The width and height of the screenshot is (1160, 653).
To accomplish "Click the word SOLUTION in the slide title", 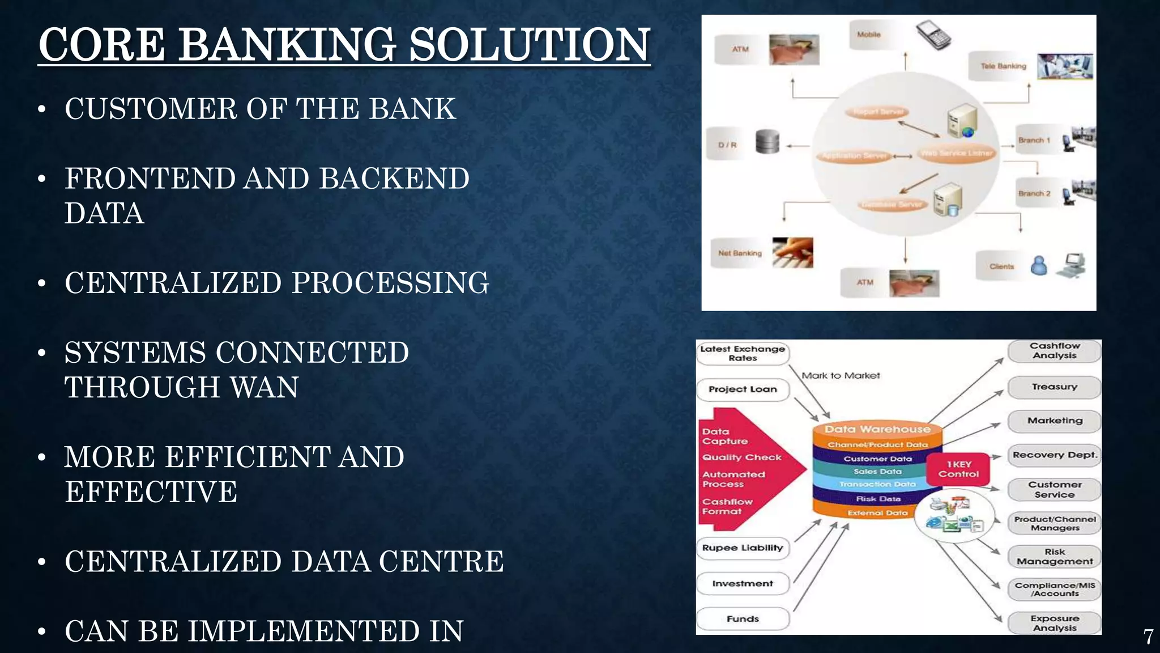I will coord(529,45).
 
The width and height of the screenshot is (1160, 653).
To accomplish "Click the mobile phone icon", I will coord(933,35).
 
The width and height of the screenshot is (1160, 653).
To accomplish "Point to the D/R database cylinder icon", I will coord(767,142).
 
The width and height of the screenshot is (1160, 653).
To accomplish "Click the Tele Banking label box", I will coord(1003,66).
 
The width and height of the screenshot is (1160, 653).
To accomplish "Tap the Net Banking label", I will coord(739,253).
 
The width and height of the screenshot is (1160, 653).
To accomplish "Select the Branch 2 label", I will coord(1034,194).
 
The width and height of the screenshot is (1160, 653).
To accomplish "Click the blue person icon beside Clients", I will coord(1038,265).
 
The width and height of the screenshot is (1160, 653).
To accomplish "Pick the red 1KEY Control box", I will coord(958,469).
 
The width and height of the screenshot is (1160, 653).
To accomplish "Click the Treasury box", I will coord(1054,387).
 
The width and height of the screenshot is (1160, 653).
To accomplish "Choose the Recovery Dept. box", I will coord(1054,455).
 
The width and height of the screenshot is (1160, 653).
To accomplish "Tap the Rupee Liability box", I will coord(742,548).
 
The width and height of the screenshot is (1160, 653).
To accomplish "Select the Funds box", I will coord(742,619).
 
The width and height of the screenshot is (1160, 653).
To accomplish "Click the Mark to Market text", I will coord(841,376).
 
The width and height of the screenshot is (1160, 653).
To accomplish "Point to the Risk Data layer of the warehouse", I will coord(878,499).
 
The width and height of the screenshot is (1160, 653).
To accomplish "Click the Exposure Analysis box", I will coord(1054,623).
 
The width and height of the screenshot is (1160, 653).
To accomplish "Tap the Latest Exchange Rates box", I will coord(742,354).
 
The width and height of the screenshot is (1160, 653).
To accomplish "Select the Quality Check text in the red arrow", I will coord(741,457).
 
